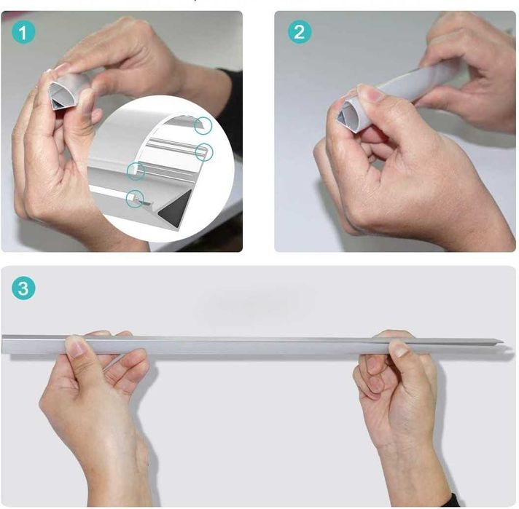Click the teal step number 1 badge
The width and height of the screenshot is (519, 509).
[23, 32]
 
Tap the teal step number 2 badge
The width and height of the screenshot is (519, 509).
[299, 32]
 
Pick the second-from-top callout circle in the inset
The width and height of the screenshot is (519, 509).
[205, 151]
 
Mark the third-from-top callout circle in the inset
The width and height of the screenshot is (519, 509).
[136, 171]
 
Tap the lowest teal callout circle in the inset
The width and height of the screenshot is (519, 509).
[134, 197]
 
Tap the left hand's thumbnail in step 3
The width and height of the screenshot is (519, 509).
[76, 347]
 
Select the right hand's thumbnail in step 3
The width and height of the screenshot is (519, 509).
[399, 349]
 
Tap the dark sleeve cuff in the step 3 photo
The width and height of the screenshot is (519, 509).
[451, 501]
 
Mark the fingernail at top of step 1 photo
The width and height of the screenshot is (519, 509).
[62, 69]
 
